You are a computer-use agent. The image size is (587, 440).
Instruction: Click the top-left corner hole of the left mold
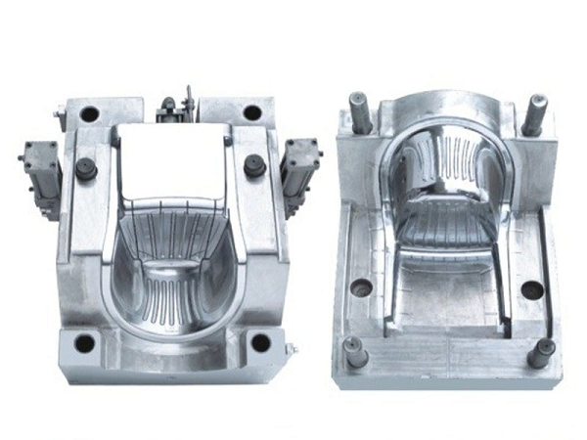[x=90, y=113]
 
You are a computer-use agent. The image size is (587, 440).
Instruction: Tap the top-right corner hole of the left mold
[x=252, y=112]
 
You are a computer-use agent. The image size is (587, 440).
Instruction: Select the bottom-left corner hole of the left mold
[x=86, y=343]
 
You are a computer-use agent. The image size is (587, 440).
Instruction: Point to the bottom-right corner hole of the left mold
[x=260, y=341]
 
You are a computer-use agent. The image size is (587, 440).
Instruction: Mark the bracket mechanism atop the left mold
[x=179, y=105]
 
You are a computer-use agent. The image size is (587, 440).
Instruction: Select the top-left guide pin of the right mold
[x=359, y=111]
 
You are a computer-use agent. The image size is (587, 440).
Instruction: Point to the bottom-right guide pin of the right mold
[x=539, y=352]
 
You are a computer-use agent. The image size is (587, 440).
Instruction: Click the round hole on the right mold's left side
[x=362, y=287]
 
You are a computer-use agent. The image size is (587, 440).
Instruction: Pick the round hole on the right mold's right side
[x=531, y=289]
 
